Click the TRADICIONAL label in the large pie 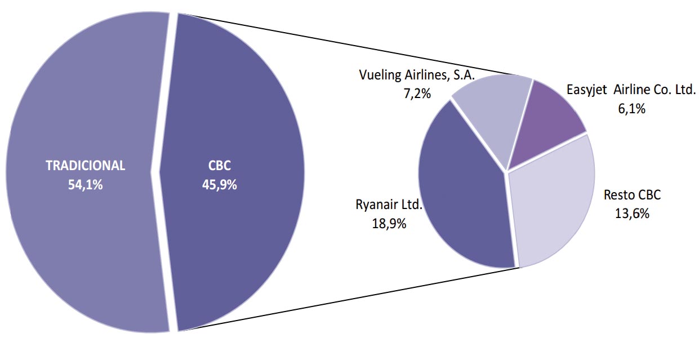point(85,166)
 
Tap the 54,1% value point(85,184)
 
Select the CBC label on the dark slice point(219,166)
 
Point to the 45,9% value point(219,184)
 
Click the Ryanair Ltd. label point(389,204)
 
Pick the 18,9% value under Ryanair point(389,223)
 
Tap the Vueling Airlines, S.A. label point(417,75)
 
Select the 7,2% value point(417,94)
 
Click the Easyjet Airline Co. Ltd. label point(631,90)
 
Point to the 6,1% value point(631,109)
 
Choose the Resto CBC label point(632,195)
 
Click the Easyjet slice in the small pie point(549,118)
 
